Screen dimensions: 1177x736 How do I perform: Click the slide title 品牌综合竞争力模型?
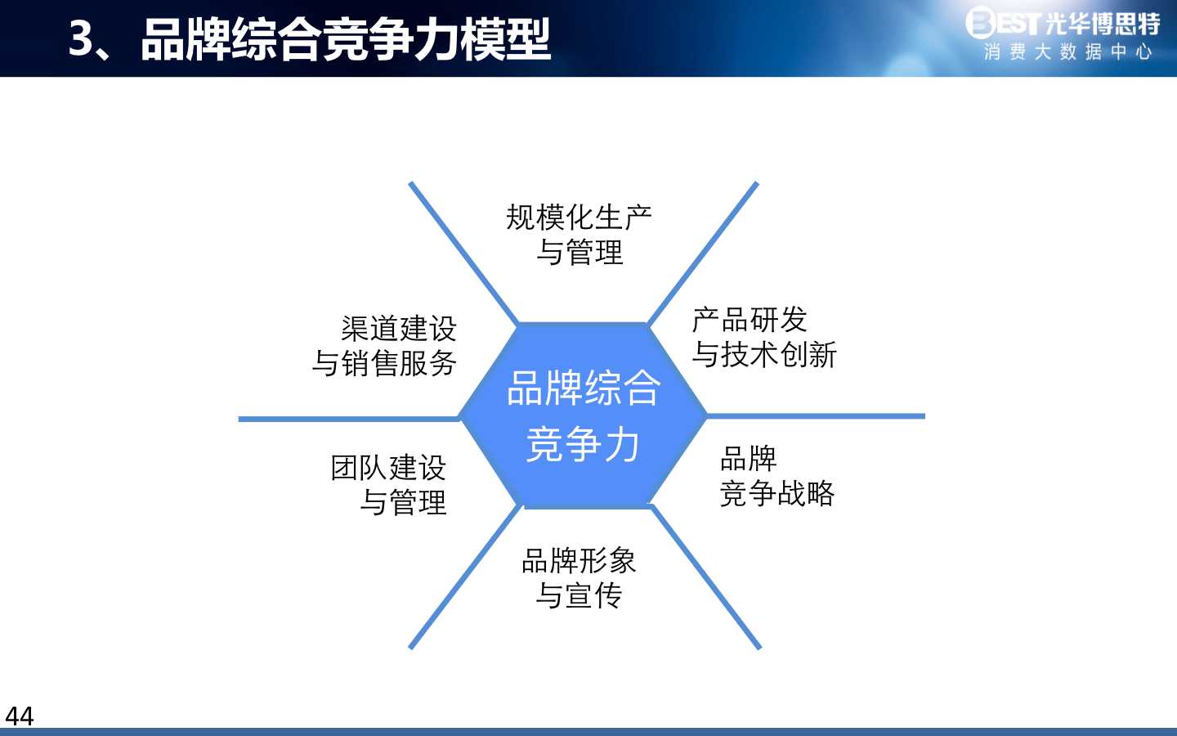coord(346,39)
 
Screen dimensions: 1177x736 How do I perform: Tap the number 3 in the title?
coord(82,39)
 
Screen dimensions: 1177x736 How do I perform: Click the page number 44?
coord(20,716)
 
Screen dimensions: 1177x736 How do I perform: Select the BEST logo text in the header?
coord(1003,22)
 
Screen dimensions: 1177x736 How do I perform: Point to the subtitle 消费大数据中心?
coord(1068,52)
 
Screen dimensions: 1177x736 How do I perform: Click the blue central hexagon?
coord(583,415)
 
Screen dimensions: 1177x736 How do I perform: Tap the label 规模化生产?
coord(579,218)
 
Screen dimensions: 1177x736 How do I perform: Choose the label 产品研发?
coord(750,320)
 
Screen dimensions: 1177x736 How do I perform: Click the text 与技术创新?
coord(764,354)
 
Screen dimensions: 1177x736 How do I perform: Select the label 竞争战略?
coord(777,493)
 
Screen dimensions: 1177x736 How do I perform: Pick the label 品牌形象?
coord(579,561)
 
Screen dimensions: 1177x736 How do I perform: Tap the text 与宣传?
coord(579,595)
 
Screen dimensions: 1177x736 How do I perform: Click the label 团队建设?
coord(389,468)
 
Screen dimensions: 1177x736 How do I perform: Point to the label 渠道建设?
coord(399,329)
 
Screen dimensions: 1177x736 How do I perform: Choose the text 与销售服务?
coord(384,363)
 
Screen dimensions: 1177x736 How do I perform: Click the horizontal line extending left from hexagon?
coord(349,419)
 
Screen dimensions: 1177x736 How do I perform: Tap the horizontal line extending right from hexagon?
coord(816,416)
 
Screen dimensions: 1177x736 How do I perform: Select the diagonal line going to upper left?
coord(463,254)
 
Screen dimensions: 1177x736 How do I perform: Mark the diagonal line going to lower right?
coord(705,577)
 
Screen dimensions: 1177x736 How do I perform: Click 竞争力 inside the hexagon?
coord(583,445)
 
